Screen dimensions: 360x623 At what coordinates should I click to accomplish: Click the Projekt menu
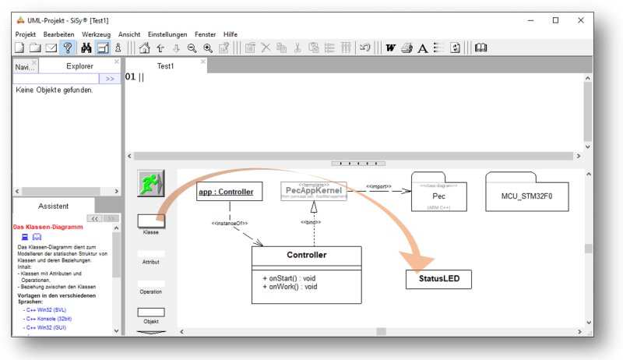coord(26,34)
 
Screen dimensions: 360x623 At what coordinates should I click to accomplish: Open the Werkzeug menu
coord(97,34)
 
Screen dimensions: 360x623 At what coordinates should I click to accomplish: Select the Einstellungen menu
coord(167,34)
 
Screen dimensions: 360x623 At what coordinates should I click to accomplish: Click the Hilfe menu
coord(231,34)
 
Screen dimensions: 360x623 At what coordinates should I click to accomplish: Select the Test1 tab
coord(165,66)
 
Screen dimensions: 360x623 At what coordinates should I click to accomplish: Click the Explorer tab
coord(79,66)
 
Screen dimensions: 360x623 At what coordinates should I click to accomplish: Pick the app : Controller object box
coord(226,190)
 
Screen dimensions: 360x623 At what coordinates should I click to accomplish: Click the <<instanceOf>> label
coord(229,224)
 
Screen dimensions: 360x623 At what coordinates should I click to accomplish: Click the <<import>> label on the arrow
coord(378,187)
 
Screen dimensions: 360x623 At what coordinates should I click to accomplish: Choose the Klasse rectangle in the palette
coord(150,221)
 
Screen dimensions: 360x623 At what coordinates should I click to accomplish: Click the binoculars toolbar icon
coord(86,48)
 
